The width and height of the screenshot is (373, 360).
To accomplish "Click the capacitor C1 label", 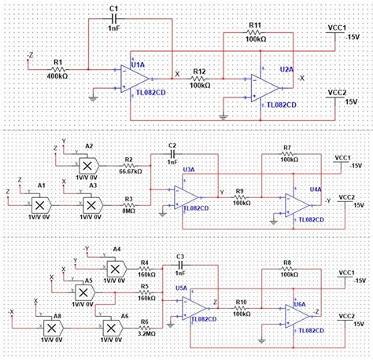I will (113, 9).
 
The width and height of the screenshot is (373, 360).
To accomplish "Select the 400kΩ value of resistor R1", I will (59, 75).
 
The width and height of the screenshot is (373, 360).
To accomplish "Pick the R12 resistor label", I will (199, 72).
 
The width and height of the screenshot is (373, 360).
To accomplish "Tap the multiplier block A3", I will (92, 203).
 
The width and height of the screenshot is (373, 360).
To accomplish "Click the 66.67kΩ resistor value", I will (131, 170).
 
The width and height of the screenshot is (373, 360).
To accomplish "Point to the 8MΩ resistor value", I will (128, 210).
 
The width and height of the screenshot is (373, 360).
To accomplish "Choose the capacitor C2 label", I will (174, 146).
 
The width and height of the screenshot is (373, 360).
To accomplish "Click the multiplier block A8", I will (51, 325).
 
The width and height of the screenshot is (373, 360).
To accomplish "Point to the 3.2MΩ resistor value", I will (145, 333).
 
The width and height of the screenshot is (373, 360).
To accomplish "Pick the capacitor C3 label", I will (179, 256).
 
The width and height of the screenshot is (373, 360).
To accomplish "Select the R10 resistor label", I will (242, 302).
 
